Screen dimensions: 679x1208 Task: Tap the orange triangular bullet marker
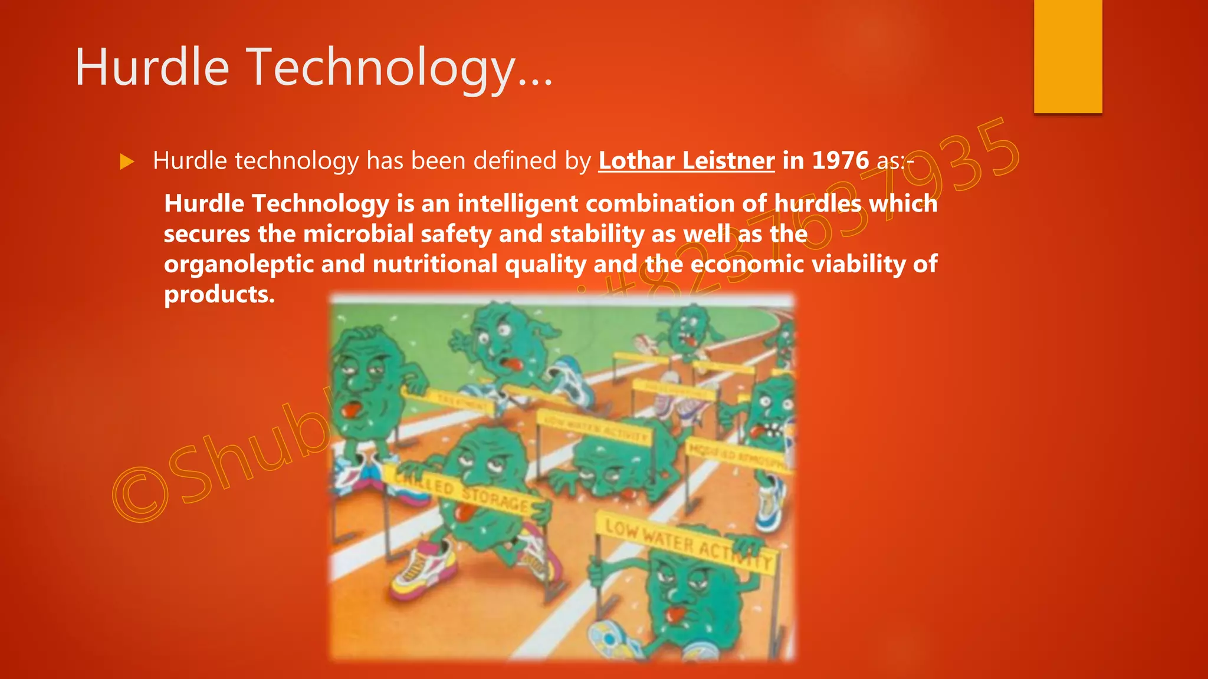coord(127,161)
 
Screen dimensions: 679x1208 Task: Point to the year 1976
coord(840,161)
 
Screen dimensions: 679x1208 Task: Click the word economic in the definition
coord(747,264)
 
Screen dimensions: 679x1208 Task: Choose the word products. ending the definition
coord(219,295)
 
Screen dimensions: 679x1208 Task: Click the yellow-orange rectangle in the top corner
coord(1068,57)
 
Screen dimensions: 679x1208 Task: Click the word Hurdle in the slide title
coord(152,68)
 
